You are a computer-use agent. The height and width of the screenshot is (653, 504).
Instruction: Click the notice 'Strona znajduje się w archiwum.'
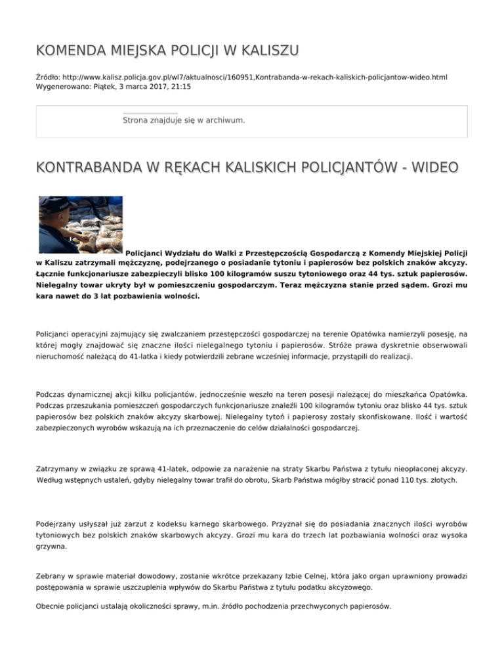(184, 120)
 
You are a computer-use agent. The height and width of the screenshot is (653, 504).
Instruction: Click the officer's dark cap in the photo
(66, 208)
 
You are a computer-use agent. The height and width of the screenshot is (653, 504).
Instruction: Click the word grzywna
(52, 546)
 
